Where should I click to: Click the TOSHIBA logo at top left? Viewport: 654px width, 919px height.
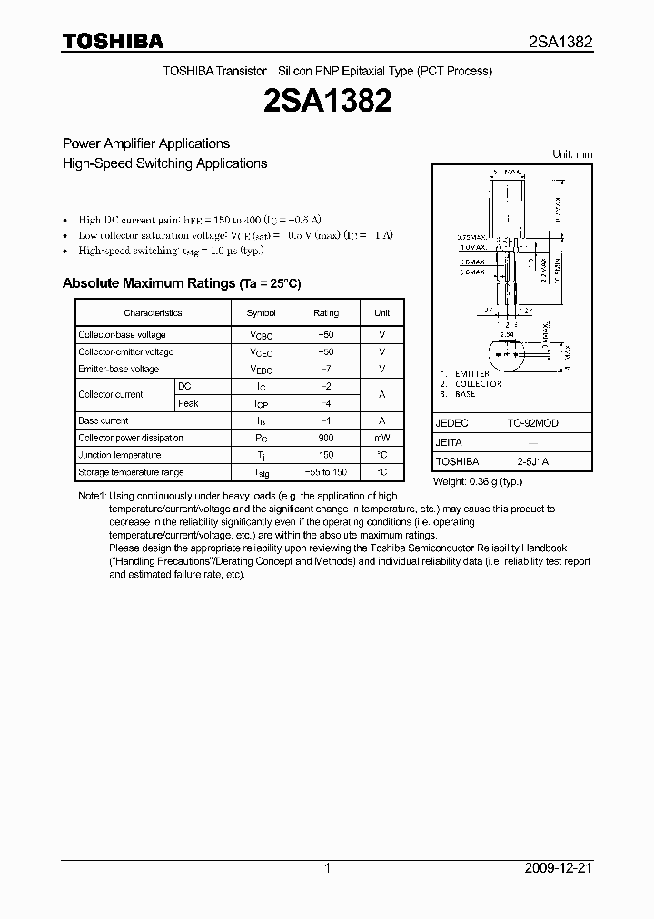click(113, 41)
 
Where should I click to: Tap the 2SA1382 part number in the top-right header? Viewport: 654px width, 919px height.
click(560, 42)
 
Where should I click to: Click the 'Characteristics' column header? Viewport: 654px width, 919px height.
click(153, 312)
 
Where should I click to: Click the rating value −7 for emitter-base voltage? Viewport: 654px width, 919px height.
click(326, 369)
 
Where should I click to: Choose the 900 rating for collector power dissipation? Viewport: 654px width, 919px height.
click(326, 438)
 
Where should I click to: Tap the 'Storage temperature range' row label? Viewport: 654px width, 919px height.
click(131, 472)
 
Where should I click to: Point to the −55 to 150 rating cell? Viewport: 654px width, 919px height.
click(326, 472)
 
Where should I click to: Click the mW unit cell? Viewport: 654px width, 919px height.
click(381, 438)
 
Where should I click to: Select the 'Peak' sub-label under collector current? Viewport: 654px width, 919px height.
click(188, 403)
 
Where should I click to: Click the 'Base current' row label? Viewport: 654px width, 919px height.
click(104, 420)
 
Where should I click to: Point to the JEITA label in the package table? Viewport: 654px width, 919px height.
click(450, 443)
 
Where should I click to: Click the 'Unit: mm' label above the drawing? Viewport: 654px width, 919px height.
click(572, 154)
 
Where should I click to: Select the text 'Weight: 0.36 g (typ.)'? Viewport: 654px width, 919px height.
click(478, 480)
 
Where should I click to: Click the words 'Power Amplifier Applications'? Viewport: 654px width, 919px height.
click(145, 143)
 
